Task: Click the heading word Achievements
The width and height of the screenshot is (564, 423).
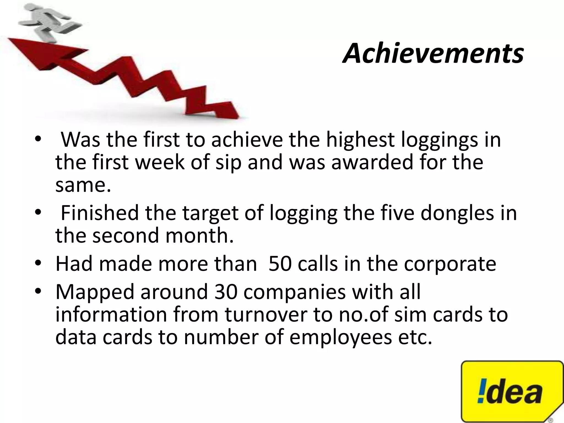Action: point(433,53)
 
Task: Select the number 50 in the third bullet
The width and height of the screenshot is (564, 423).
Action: point(280,264)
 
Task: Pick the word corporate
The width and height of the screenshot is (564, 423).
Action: point(450,264)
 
